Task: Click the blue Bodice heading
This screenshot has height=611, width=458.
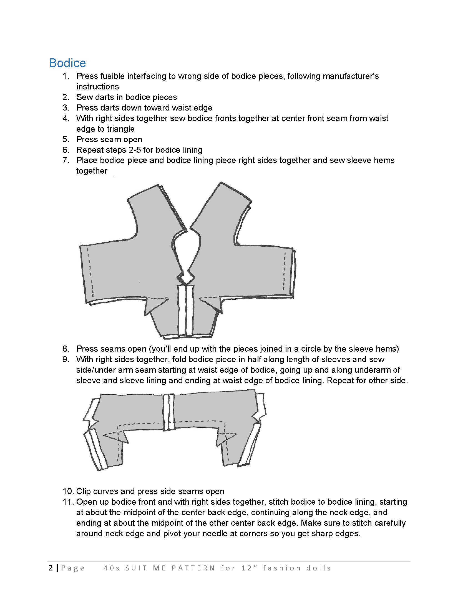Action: tap(67, 63)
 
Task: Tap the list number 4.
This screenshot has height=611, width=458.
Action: tap(66, 118)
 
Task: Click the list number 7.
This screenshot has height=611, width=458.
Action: tap(66, 160)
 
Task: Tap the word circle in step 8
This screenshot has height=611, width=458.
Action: tap(311, 349)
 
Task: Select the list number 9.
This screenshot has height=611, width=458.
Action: tap(66, 359)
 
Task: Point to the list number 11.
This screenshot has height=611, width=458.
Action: tap(68, 502)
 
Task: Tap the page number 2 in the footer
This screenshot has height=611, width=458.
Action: tap(51, 568)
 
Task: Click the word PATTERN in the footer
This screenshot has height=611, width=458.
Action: tap(193, 568)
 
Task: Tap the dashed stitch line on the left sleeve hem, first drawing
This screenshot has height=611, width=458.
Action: tap(90, 272)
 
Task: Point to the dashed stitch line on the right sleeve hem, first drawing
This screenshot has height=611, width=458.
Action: tap(284, 271)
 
